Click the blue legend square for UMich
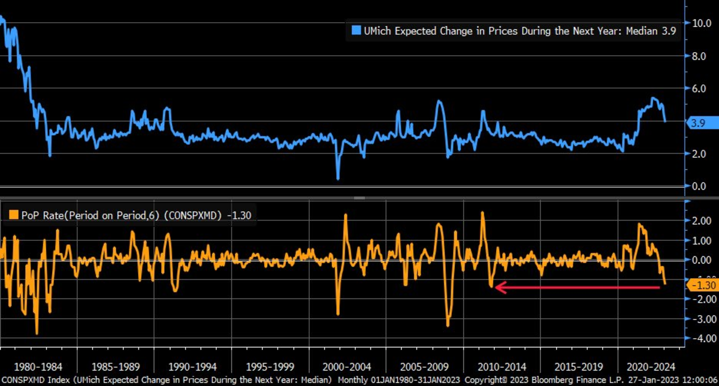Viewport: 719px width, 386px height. point(355,31)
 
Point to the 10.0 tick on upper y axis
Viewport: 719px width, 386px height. point(702,23)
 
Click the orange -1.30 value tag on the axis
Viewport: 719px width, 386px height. point(702,285)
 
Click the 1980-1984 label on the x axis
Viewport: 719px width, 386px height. point(38,366)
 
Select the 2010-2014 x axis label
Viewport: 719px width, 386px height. point(503,366)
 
